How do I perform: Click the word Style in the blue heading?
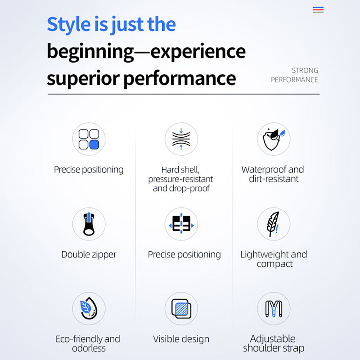(69, 24)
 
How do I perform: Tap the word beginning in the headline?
(91, 52)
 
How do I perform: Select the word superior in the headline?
(83, 78)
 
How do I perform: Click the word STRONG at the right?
(305, 70)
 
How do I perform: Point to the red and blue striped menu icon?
(318, 10)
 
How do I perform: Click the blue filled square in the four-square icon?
(94, 145)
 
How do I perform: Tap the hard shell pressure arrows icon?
(181, 139)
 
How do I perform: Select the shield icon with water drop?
(273, 139)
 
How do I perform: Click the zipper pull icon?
(89, 224)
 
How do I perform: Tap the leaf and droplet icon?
(89, 308)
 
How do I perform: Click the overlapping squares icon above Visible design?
(181, 309)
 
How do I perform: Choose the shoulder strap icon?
(274, 309)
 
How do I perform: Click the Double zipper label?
(89, 255)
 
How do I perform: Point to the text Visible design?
(181, 339)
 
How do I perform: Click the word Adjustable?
(273, 339)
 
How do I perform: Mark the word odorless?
(89, 348)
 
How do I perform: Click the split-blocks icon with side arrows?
(181, 224)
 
